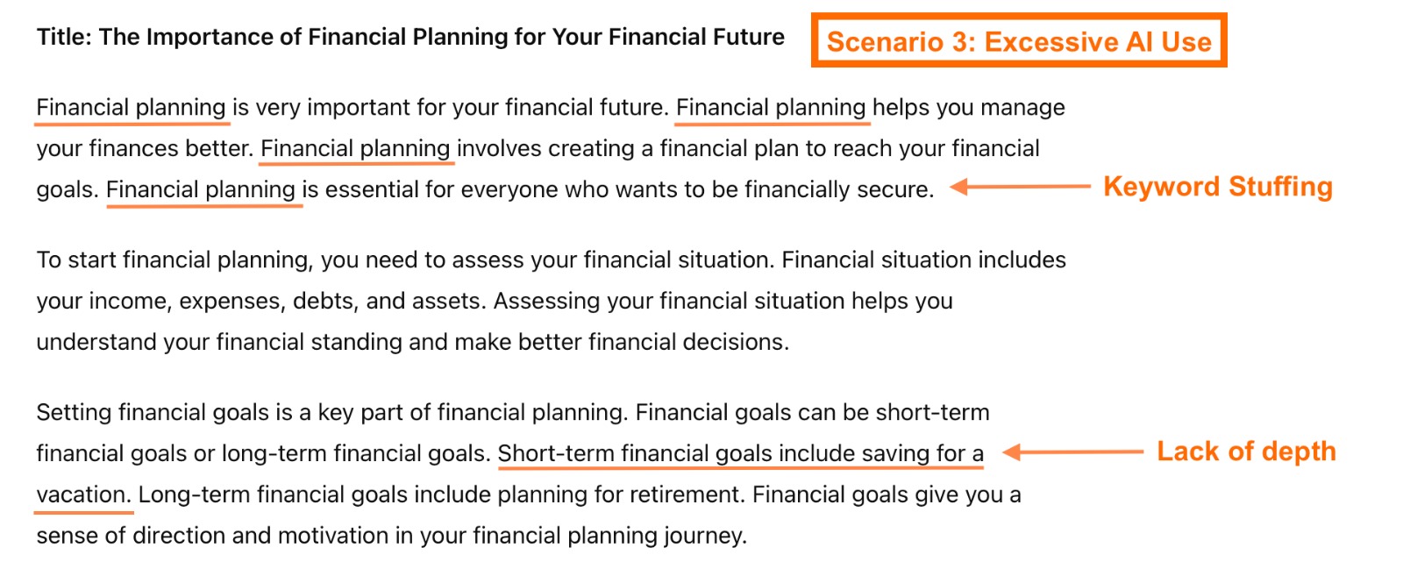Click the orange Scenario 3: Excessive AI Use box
(1018, 40)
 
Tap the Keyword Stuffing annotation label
(1217, 187)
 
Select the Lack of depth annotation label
(1246, 452)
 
